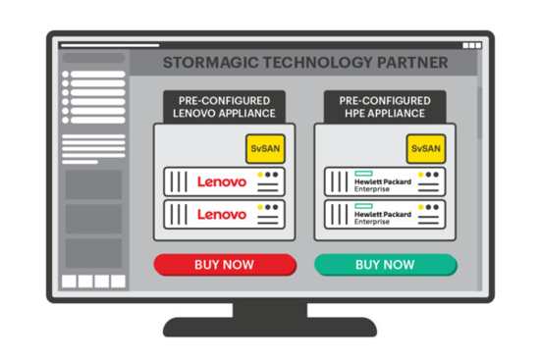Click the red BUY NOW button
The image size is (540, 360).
click(224, 264)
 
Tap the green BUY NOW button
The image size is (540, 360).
click(385, 264)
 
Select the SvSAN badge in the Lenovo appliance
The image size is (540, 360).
click(261, 148)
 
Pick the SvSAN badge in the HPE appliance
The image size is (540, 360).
click(423, 148)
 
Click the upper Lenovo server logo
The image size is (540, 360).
click(222, 181)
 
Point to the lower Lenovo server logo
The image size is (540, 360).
click(222, 214)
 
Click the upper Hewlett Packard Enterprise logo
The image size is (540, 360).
click(378, 181)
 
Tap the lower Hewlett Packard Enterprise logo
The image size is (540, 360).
click(378, 214)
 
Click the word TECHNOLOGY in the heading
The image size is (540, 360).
click(319, 64)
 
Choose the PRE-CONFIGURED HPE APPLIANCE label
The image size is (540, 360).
click(385, 107)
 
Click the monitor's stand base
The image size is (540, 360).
click(269, 328)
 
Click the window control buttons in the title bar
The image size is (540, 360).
click(471, 45)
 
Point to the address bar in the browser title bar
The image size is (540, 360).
click(109, 45)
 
